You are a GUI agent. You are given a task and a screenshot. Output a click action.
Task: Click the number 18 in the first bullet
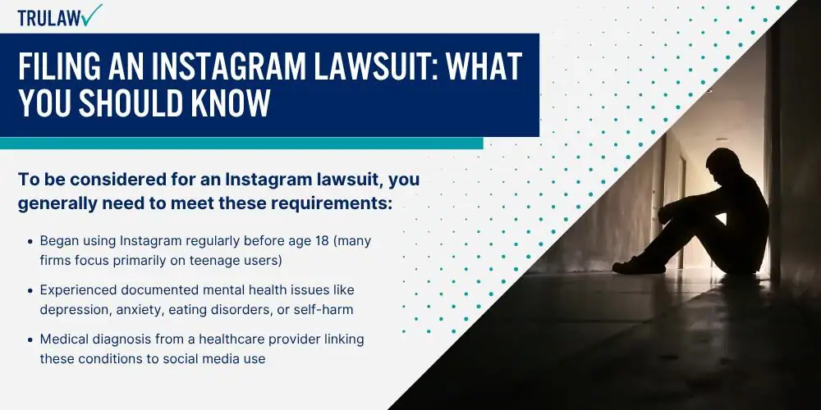324,241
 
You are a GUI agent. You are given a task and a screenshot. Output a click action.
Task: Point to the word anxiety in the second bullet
129,310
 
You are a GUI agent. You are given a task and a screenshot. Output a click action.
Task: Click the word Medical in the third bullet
61,339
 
